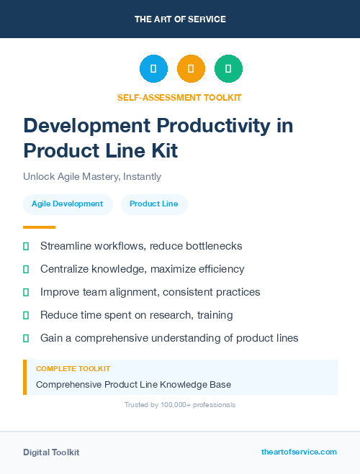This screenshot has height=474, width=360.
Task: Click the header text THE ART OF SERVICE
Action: pos(180,19)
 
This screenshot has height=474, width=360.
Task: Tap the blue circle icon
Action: pos(153,69)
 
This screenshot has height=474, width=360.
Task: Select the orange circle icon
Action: pos(191,69)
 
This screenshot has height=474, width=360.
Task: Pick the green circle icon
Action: pos(228,69)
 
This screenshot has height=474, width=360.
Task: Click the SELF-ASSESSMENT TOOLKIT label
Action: pos(180,97)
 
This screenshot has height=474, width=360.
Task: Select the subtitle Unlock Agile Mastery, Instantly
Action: pos(92,176)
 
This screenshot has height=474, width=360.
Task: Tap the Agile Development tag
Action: pos(68,204)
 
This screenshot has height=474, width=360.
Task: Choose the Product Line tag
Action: pos(154,204)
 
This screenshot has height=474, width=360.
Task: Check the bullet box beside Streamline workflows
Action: pos(26,246)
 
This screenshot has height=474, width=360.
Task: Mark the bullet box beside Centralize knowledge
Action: pos(26,269)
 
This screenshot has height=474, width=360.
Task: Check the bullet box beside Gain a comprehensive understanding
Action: pos(26,338)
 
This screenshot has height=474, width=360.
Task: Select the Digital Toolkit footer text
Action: pos(51,452)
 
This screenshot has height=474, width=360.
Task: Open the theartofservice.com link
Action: pos(299,452)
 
